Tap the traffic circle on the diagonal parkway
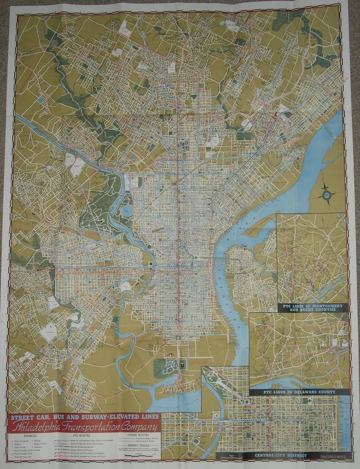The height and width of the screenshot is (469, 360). pyautogui.click(x=247, y=402)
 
